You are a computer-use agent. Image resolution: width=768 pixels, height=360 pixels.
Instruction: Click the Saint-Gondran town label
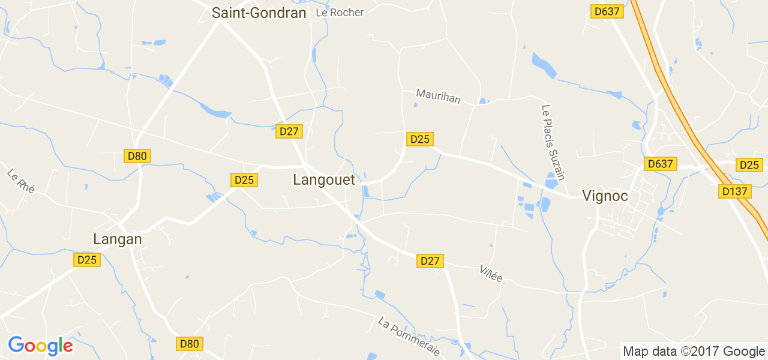tap(259, 13)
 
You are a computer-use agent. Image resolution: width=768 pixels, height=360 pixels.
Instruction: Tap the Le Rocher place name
tap(340, 12)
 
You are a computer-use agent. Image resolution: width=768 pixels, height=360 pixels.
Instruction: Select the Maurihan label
tap(438, 96)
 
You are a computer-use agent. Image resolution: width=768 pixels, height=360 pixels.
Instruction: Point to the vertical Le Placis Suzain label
tap(553, 142)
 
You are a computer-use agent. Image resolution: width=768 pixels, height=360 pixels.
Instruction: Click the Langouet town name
tap(324, 179)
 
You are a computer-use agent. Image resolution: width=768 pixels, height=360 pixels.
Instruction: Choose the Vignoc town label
tap(605, 195)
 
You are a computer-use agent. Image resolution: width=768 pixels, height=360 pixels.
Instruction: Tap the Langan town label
tap(118, 239)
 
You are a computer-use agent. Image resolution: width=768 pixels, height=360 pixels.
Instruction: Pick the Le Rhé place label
tap(21, 181)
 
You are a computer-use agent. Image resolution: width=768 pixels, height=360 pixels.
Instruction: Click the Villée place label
tap(491, 273)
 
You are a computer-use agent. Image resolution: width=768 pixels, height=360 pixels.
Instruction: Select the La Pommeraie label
tap(409, 336)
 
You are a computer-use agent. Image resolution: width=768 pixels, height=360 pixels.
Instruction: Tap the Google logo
tap(40, 346)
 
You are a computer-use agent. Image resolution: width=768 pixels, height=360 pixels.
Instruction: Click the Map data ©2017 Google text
tap(694, 352)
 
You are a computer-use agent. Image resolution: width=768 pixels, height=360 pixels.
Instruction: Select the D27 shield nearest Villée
tap(430, 261)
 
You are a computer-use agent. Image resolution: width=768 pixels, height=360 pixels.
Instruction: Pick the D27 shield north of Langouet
tap(289, 131)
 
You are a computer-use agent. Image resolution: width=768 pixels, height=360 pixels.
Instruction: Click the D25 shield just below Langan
tap(87, 260)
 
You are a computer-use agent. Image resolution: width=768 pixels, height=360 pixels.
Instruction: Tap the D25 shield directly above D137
tap(749, 165)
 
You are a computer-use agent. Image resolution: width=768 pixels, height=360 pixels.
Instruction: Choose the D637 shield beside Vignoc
tap(661, 164)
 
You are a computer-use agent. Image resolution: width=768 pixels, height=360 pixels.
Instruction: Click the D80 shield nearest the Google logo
tap(190, 344)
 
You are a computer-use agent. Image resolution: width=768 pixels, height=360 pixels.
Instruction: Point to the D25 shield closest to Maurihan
tap(419, 139)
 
